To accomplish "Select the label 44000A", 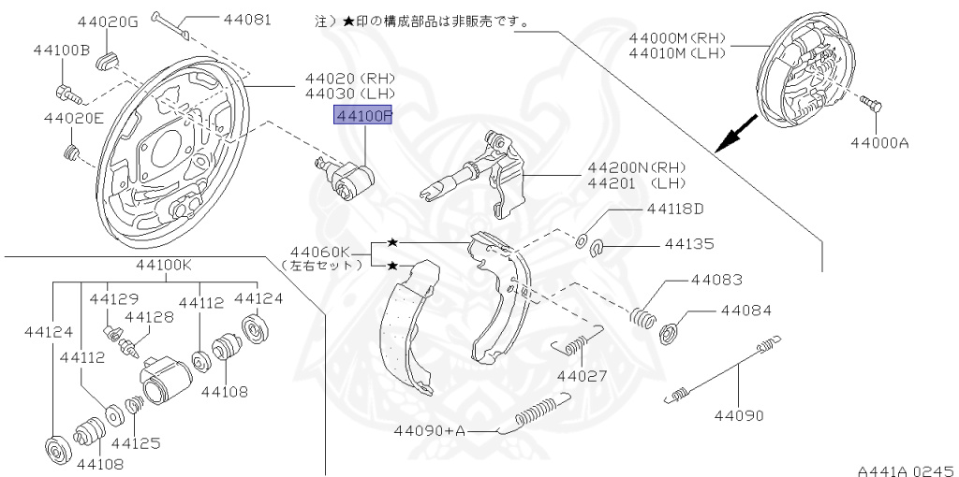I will [x=880, y=143].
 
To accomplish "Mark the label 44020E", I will [x=73, y=118].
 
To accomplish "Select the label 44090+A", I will [x=430, y=430].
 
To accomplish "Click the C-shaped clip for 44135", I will [x=599, y=247].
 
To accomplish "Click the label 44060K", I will [x=319, y=251].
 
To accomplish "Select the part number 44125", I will [x=136, y=442].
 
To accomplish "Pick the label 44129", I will [x=114, y=298].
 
